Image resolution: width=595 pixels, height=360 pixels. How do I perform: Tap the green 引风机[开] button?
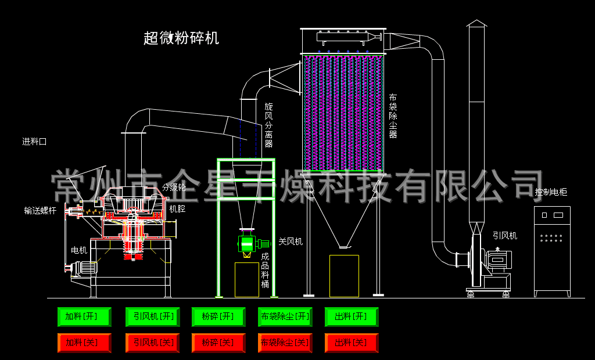pyautogui.click(x=149, y=316)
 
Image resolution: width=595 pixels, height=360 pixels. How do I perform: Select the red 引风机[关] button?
pyautogui.click(x=149, y=343)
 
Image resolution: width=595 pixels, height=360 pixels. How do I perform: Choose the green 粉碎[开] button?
pyautogui.click(x=218, y=316)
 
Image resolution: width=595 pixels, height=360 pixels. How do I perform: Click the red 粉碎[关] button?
pyautogui.click(x=218, y=343)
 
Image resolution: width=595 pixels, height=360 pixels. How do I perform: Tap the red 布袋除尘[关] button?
pyautogui.click(x=285, y=343)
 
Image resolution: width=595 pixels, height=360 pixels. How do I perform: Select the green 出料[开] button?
pyautogui.click(x=351, y=316)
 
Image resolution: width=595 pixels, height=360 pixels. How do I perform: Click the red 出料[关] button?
pyautogui.click(x=351, y=343)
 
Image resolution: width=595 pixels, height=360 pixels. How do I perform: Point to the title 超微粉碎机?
pyautogui.click(x=181, y=38)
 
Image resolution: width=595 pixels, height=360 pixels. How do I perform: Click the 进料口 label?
pyautogui.click(x=34, y=142)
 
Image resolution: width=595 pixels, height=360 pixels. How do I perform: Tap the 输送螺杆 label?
pyautogui.click(x=40, y=211)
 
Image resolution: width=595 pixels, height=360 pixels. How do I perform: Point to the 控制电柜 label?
pyautogui.click(x=551, y=192)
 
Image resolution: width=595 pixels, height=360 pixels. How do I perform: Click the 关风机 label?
pyautogui.click(x=291, y=242)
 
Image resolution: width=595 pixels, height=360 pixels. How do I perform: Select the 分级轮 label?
pyautogui.click(x=174, y=188)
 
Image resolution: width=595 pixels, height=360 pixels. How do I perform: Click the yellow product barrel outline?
pyautogui.click(x=246, y=279)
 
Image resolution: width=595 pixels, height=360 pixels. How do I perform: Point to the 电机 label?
pyautogui.click(x=79, y=250)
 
